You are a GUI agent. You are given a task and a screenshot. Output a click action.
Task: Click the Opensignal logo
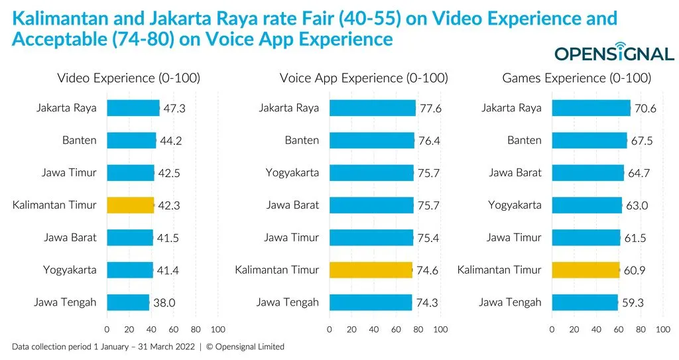pos(613,52)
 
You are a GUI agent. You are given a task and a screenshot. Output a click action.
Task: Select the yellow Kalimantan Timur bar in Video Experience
pos(131,205)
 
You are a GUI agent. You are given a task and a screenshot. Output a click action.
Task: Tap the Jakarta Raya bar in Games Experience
pos(591,108)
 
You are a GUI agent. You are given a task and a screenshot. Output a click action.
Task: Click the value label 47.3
pos(174,109)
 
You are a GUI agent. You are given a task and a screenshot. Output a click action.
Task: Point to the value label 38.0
pos(164,303)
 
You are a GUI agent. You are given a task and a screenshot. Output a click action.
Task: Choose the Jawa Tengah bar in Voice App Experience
pos(371,302)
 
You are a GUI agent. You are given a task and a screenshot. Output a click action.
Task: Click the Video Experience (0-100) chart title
pos(129,78)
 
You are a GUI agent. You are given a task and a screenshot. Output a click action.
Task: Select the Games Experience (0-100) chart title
pos(576,78)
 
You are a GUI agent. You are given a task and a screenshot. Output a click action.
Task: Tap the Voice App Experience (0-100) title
pos(363,78)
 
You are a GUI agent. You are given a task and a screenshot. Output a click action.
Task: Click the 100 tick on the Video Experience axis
pos(217,329)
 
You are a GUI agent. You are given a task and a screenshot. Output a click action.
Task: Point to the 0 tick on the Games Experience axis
pos(552,329)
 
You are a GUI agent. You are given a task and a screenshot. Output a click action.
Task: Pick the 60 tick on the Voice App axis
pos(396,329)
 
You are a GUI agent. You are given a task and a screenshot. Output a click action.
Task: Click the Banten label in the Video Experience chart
pos(79,141)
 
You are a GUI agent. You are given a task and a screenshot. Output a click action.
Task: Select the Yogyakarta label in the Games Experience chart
pos(515,205)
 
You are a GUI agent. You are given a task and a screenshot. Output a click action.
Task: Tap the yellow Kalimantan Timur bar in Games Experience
pos(586,270)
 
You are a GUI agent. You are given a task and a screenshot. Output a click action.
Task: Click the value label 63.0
pos(637,206)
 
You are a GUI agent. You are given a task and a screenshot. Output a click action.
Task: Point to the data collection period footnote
pos(149,347)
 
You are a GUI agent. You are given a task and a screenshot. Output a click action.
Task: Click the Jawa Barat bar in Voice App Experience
pos(371,205)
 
